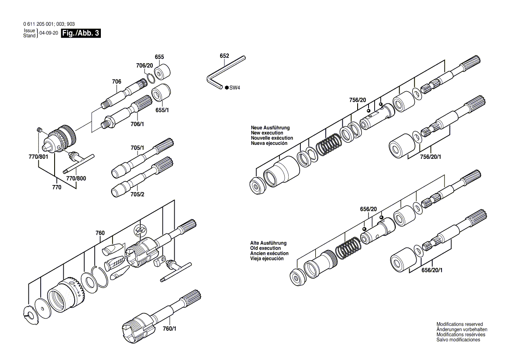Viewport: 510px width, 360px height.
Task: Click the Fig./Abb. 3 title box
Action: (81, 33)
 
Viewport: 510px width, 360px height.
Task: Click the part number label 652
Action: (224, 56)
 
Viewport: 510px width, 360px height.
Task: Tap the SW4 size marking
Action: (235, 88)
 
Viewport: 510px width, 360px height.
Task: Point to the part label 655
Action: (159, 57)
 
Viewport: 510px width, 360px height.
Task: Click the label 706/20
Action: (145, 65)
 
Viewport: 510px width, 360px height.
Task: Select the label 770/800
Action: (76, 178)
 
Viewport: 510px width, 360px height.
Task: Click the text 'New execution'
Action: (267, 133)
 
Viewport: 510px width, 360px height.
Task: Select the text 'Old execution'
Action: (265, 248)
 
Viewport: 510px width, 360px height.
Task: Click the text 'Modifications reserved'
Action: (459, 324)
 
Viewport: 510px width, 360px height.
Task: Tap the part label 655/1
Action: (162, 110)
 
